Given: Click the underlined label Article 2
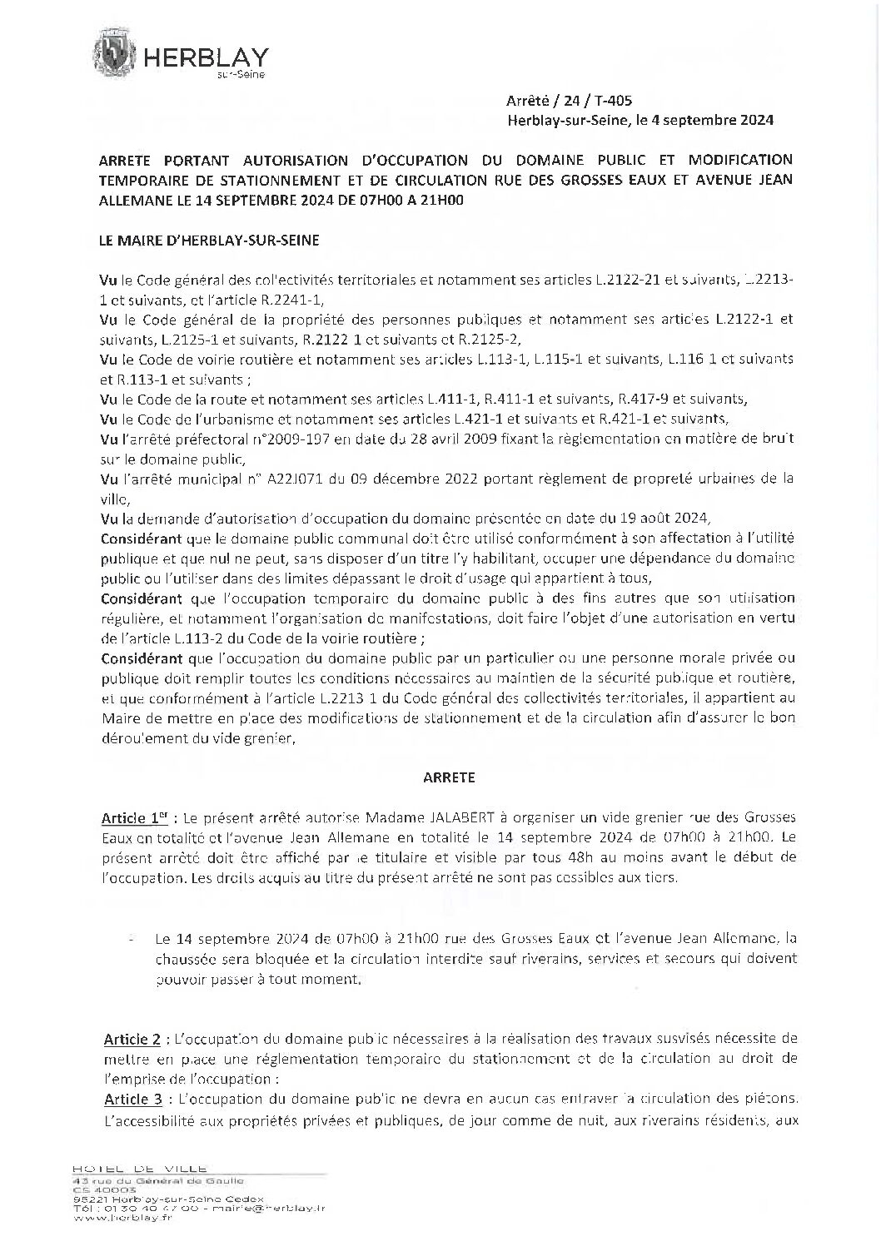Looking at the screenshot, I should click(132, 1040).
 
